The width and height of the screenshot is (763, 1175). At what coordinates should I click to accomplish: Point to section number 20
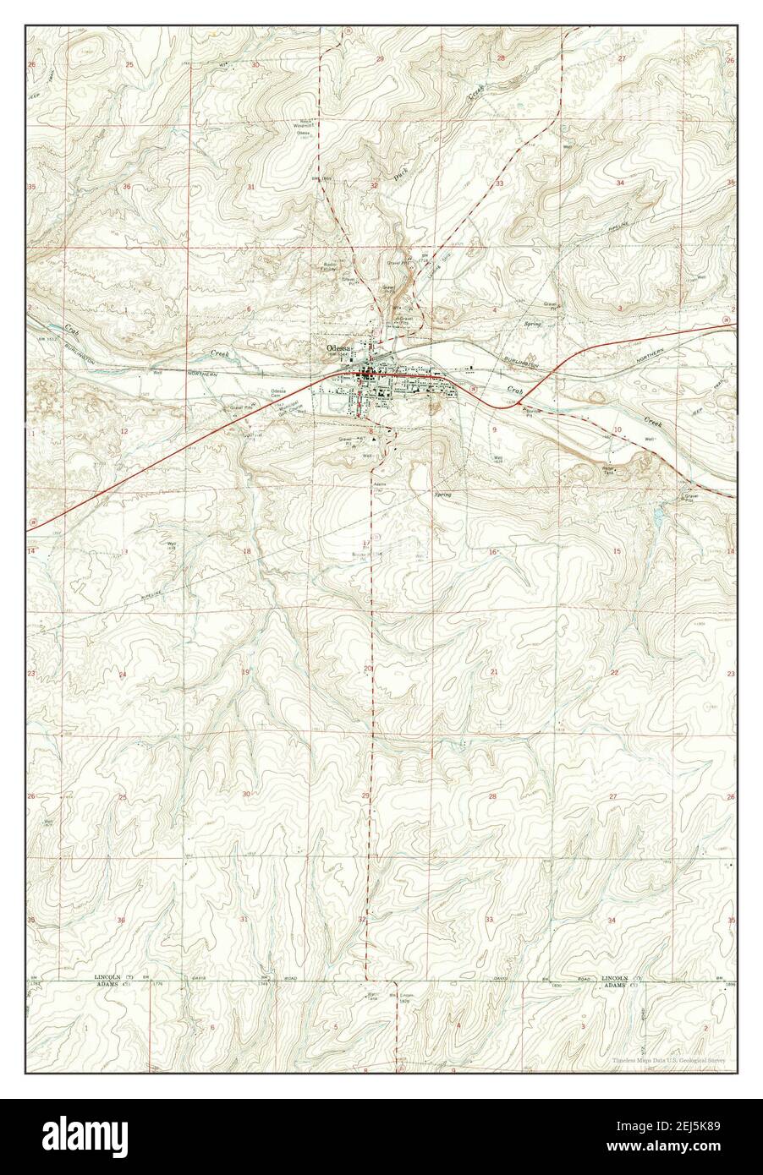pos(368,669)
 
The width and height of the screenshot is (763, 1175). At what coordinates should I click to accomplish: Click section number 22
pos(615,671)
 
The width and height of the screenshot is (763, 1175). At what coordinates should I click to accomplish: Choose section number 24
pos(123,674)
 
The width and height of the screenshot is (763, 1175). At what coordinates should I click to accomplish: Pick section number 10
pos(618,430)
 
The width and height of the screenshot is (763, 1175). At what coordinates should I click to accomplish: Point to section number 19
pos(245,672)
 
